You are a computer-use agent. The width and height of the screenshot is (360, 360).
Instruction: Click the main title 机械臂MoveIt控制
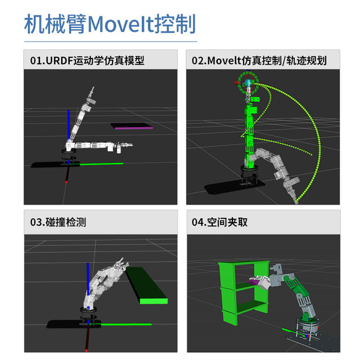click(110, 24)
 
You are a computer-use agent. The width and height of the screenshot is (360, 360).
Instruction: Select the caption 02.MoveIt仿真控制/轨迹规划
click(259, 60)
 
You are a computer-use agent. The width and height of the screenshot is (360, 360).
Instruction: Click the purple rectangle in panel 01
click(132, 127)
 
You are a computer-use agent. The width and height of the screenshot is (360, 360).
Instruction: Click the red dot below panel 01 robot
click(66, 182)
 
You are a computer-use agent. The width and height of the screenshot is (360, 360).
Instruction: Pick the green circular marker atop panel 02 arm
click(249, 84)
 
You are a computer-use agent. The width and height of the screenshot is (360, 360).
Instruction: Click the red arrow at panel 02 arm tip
click(237, 83)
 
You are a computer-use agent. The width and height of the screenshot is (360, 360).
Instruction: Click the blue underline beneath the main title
click(110, 41)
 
